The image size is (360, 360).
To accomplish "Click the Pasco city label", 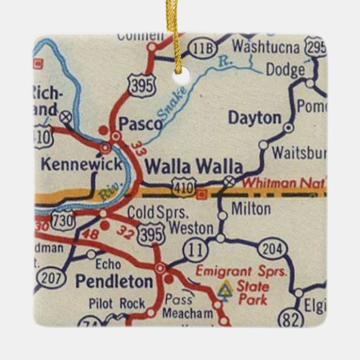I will point(141,124).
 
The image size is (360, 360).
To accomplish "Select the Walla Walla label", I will point(194,166).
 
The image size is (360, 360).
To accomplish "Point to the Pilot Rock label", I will point(118,304).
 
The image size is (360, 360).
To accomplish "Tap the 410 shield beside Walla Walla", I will point(185,185).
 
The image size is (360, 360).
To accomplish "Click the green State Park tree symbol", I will point(226,290).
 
